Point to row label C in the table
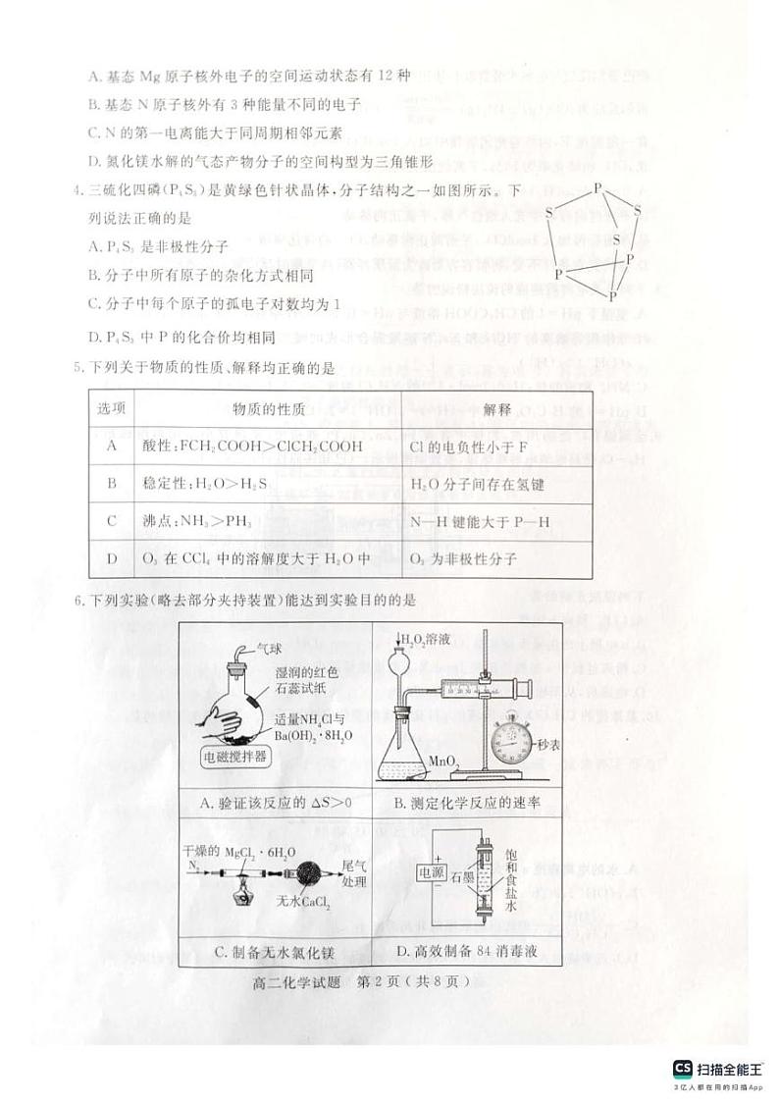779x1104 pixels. click(111, 522)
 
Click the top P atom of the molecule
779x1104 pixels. click(597, 186)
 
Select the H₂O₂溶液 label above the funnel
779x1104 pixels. click(425, 640)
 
